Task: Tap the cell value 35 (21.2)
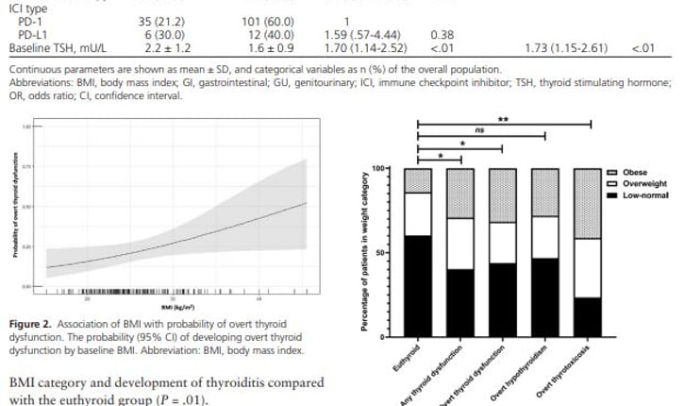click(x=160, y=21)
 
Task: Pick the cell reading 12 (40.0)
click(x=268, y=34)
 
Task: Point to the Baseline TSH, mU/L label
click(x=55, y=47)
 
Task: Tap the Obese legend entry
click(x=634, y=172)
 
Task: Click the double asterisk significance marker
click(x=503, y=119)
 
